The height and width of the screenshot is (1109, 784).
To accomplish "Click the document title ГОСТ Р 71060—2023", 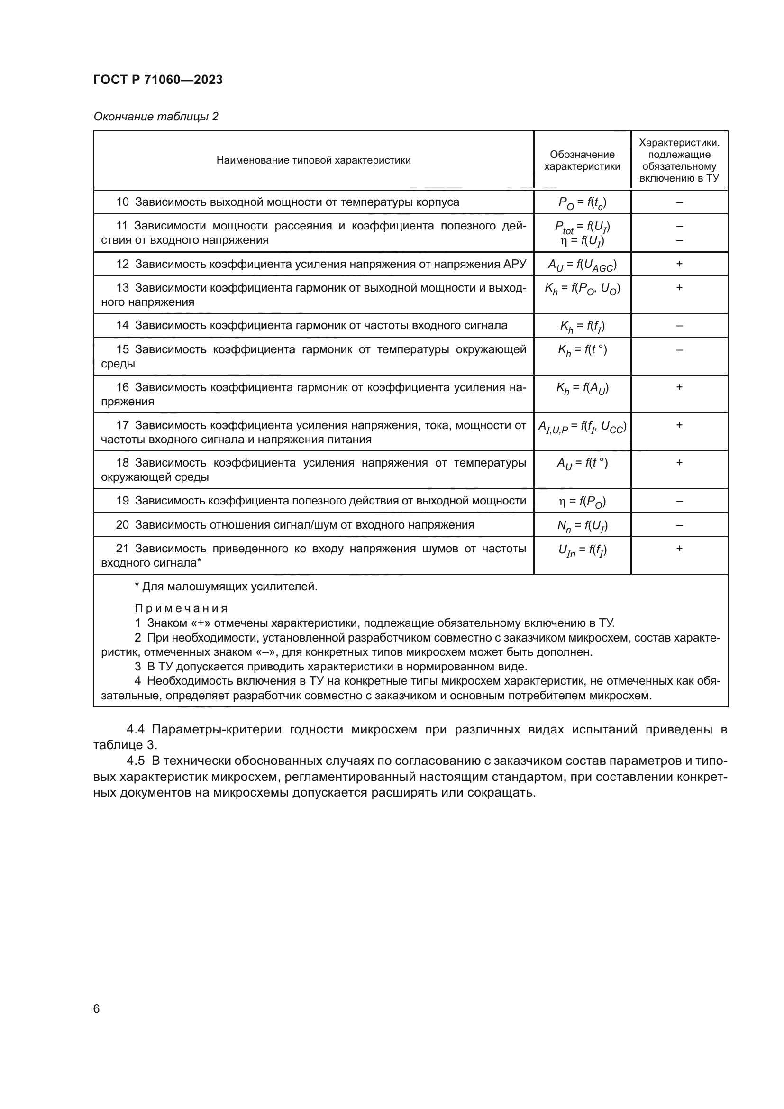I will click(x=158, y=80).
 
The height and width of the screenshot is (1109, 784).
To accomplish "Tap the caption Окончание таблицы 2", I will click(x=156, y=117).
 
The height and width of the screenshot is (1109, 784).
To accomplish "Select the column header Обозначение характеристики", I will click(x=582, y=160).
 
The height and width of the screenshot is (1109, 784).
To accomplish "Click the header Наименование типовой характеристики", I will click(x=313, y=160).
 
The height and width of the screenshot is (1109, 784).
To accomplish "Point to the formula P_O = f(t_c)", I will click(x=582, y=203).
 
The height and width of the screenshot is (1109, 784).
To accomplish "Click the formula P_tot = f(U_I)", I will click(x=582, y=227).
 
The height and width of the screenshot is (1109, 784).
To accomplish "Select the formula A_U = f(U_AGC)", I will click(x=582, y=265).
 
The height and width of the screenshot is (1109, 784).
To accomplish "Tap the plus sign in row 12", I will click(x=679, y=264).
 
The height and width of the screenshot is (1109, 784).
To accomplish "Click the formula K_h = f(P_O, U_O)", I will click(x=582, y=289).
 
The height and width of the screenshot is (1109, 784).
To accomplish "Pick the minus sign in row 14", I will click(x=679, y=326).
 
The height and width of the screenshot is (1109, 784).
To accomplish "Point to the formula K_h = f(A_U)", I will click(x=582, y=388).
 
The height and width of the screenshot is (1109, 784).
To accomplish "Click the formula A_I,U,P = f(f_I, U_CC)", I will click(x=582, y=427).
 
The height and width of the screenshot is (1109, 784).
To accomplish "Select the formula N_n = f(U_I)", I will click(x=582, y=525).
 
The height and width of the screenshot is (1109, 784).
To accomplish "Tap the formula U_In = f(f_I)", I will click(x=582, y=550).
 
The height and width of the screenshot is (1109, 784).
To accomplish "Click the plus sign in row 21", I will click(x=679, y=548).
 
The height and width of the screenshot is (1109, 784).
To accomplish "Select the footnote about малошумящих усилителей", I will click(x=226, y=587).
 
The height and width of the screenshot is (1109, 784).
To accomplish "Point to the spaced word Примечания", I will click(x=181, y=609).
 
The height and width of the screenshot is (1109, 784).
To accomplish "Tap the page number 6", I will click(x=97, y=1008).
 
